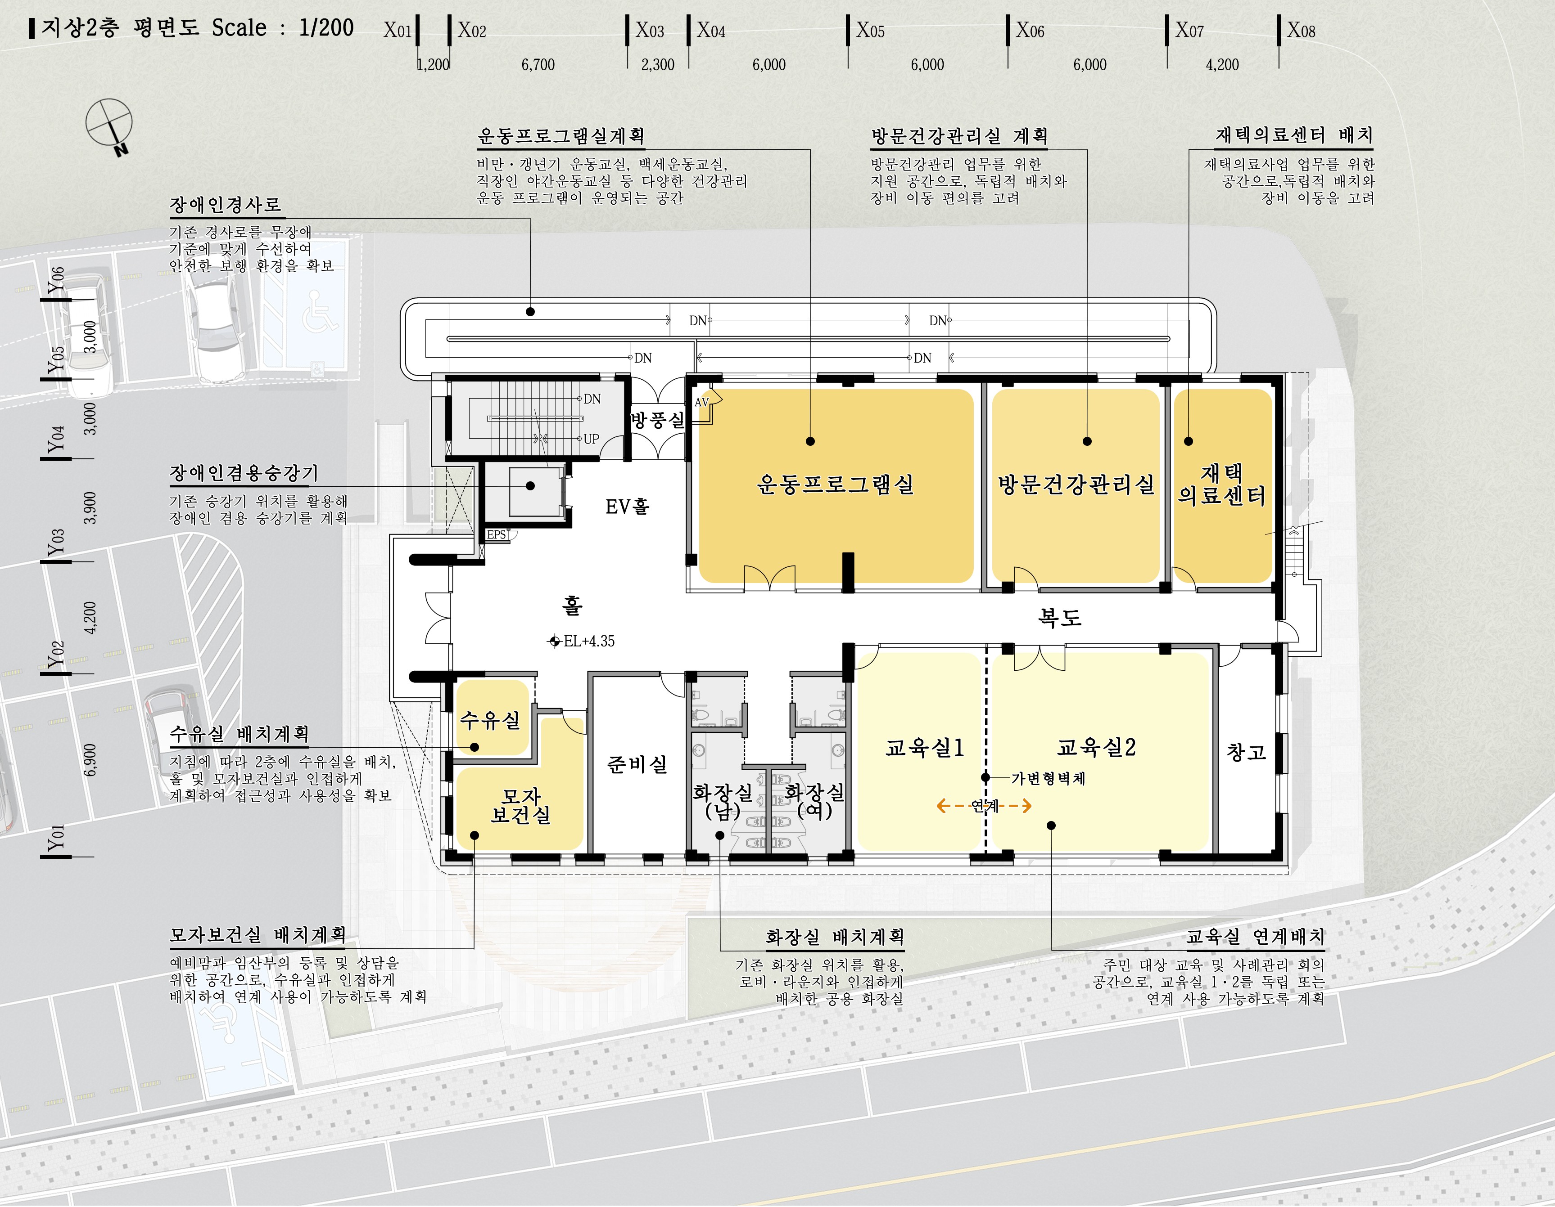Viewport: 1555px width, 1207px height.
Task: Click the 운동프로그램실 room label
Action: (835, 485)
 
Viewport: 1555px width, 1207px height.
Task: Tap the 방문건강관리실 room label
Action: (1076, 485)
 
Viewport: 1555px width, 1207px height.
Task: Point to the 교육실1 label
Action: (924, 747)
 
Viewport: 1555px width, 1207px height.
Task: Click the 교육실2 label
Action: (1097, 747)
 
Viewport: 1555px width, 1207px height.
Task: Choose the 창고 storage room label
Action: (1246, 752)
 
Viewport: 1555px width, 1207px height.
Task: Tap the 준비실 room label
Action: (637, 764)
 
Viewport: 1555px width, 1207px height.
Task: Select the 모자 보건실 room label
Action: (520, 806)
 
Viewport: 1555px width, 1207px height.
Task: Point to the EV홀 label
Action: (627, 507)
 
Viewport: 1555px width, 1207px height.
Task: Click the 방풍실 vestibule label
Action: (658, 419)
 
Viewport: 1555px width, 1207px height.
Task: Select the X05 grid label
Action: (870, 31)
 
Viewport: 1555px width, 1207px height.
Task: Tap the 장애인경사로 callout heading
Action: (226, 206)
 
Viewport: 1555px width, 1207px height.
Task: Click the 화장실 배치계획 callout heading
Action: (835, 937)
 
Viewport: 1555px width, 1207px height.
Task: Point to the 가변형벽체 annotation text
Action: (1048, 779)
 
